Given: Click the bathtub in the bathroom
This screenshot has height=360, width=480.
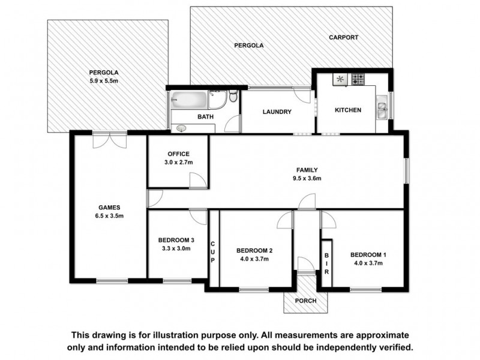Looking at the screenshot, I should point(188,99).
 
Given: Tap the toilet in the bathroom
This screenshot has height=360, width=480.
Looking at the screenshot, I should point(233,97).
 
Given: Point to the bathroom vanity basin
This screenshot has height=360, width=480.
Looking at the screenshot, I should point(181,127).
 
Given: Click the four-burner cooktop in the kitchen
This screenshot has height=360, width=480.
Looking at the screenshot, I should point(358,79).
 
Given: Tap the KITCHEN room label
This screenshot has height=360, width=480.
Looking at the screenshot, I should point(347,110).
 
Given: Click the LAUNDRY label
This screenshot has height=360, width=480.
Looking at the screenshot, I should point(277,112).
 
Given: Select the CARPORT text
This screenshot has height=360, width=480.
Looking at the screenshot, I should point(343,37).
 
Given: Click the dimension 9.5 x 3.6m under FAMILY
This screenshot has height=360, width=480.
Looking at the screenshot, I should point(307,178).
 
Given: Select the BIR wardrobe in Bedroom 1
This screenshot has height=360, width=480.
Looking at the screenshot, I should point(326,263).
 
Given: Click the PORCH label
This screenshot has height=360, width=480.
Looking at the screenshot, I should point(307,302).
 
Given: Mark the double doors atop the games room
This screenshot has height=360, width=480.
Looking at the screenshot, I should point(110,139).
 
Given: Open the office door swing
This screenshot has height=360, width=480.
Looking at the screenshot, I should point(196,179).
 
